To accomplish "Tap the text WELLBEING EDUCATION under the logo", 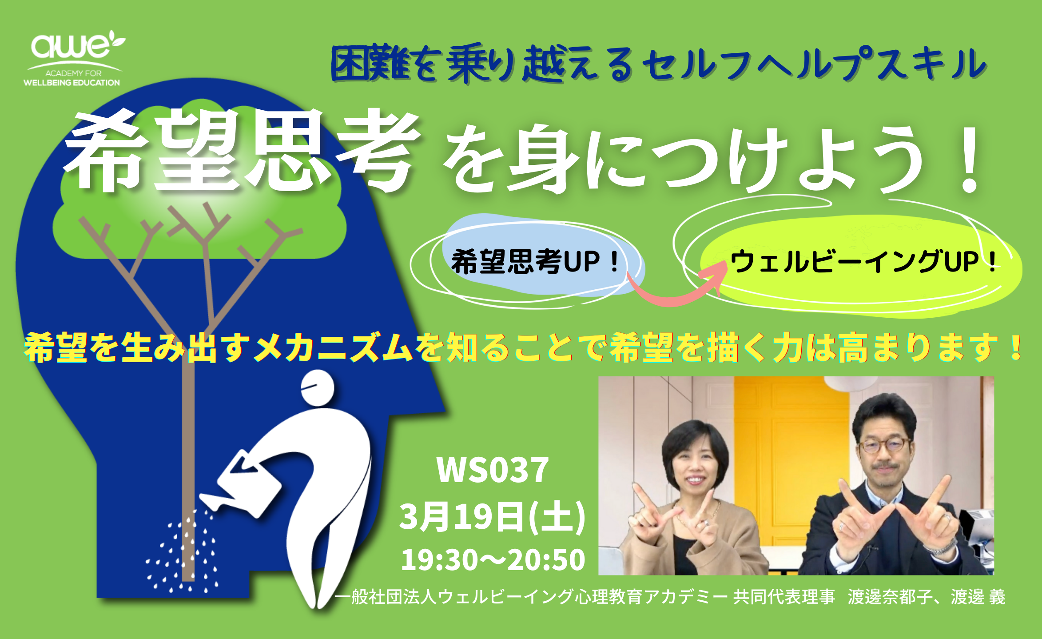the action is point(72,83).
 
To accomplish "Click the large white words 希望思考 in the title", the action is point(242,151).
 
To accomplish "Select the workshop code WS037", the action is point(493,470).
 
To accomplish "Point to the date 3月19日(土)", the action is point(492,516).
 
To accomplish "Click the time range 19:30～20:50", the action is point(493,559).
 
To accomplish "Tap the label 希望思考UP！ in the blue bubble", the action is point(535,262).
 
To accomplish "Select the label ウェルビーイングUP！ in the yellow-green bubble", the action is point(864,261).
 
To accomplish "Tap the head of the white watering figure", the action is point(317,387).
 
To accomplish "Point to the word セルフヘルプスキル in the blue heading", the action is point(815,64).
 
